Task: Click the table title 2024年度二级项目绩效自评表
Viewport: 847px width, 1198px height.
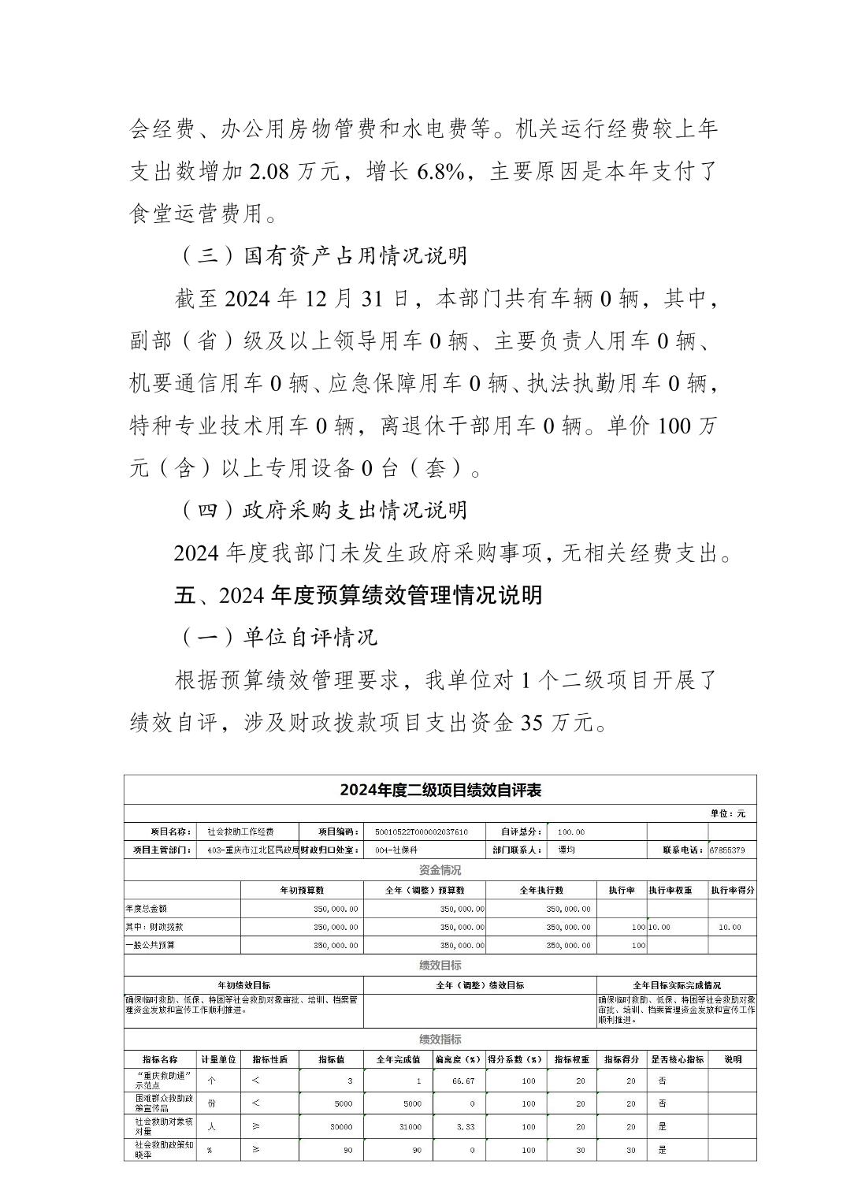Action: point(440,790)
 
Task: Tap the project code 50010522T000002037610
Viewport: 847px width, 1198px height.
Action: point(422,832)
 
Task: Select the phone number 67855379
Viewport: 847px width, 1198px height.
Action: point(732,850)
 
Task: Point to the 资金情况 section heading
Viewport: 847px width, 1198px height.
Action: point(440,870)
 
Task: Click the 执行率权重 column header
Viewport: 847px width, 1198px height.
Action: point(671,890)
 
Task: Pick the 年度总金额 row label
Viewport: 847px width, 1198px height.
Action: point(146,909)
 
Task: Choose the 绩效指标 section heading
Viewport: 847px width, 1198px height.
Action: point(440,1040)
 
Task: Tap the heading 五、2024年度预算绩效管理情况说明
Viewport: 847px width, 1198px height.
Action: point(358,595)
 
